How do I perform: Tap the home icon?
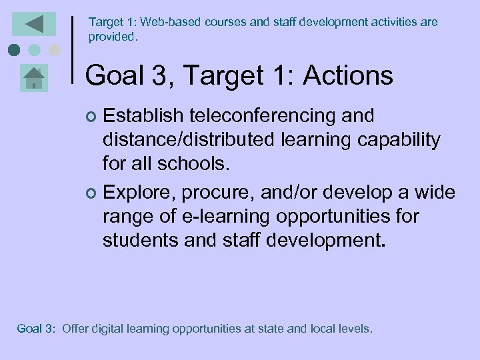tap(33, 79)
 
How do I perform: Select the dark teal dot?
tap(14, 50)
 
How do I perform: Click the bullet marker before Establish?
tap(92, 117)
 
